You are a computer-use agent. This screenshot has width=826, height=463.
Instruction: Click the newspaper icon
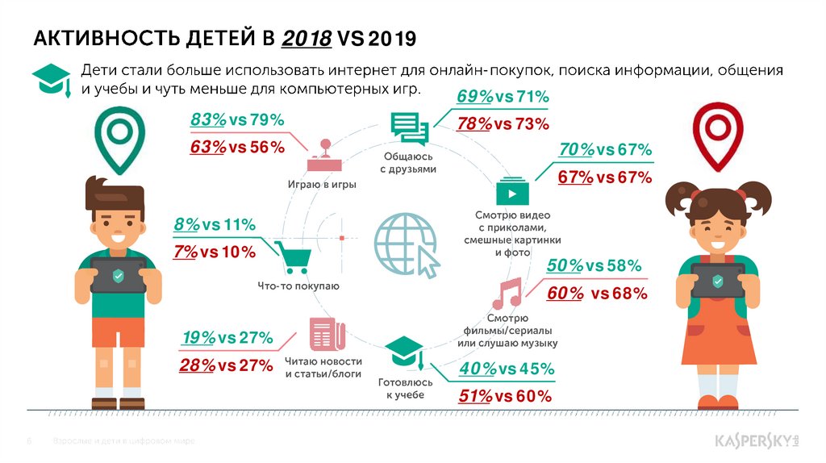click(x=326, y=334)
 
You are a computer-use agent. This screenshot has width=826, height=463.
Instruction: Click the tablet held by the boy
click(x=118, y=274)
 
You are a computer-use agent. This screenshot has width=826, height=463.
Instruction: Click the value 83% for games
click(x=208, y=120)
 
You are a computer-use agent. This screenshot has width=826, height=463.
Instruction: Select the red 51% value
click(x=475, y=396)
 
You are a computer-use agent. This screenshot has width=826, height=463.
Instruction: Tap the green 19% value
click(x=198, y=337)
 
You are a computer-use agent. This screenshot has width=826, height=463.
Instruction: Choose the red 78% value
click(x=474, y=124)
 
